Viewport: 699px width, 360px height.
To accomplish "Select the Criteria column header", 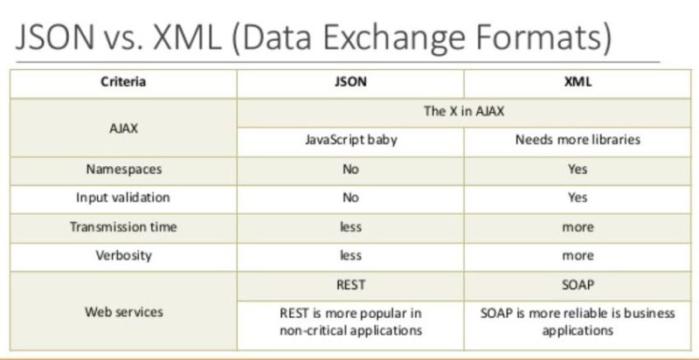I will coord(123,83).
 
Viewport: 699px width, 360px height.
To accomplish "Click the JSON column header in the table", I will coord(350,83).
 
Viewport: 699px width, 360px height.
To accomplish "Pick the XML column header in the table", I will coord(577,83).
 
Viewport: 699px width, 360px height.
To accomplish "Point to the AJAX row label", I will coord(123,127).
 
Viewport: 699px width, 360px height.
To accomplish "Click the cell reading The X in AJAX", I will coord(463,112).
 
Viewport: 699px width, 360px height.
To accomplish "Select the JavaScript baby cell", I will coord(350,140).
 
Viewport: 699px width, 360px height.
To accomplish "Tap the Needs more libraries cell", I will coord(577,140).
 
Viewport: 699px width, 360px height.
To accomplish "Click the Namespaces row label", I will coord(123,170).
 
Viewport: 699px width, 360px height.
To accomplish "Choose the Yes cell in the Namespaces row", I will coord(577,170).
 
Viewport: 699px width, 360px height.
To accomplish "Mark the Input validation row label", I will coord(123,198).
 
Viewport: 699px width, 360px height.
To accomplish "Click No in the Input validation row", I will coord(350,198).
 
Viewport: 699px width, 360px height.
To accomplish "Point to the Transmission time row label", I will coord(123,227).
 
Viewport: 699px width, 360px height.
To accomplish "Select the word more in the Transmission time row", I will coord(577,227).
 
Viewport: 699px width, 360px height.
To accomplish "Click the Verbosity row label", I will coord(123,256).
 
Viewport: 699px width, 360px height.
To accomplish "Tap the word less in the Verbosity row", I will coord(350,256).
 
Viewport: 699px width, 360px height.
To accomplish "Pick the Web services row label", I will coord(123,312).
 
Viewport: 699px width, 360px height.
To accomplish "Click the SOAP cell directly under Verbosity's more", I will coord(577,285).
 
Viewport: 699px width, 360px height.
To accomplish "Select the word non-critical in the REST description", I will coord(311,331).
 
